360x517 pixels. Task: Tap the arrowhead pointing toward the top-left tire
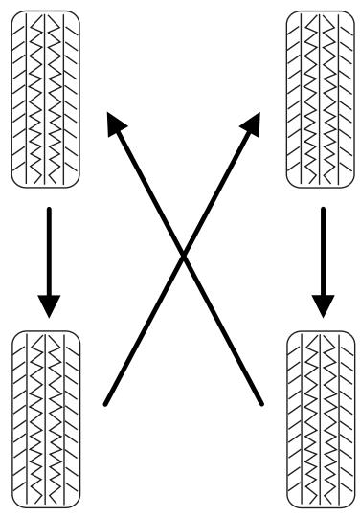tap(116, 124)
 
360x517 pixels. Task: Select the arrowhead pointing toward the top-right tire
tap(251, 124)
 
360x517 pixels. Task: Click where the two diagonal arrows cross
tap(183, 254)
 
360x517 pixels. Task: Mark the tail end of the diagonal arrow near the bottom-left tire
tap(105, 403)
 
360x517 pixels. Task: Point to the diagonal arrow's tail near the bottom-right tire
tap(261, 403)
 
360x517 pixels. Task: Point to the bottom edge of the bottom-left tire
tap(45, 506)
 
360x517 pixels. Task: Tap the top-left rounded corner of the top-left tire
tap(15, 14)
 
